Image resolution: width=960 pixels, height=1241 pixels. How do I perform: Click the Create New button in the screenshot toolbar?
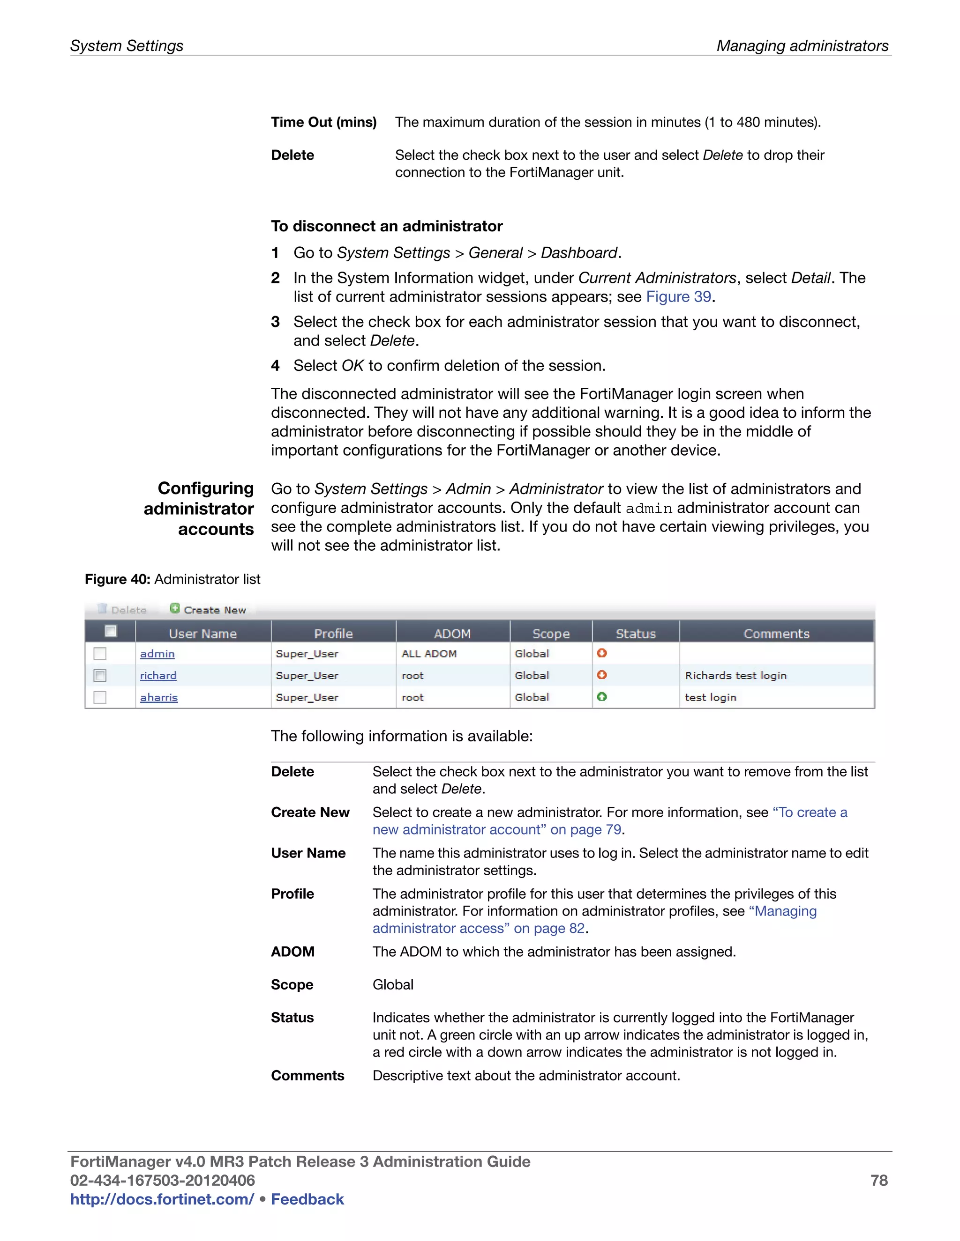pyautogui.click(x=208, y=609)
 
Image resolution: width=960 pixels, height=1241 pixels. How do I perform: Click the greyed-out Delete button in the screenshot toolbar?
pyautogui.click(x=123, y=609)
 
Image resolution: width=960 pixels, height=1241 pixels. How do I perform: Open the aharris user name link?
pyautogui.click(x=159, y=697)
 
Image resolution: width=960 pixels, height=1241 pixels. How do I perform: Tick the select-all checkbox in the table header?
pyautogui.click(x=111, y=631)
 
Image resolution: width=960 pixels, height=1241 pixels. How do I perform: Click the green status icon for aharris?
pyautogui.click(x=602, y=697)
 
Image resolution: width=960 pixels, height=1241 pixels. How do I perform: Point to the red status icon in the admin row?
pyautogui.click(x=602, y=653)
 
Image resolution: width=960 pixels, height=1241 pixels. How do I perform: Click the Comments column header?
pyautogui.click(x=776, y=633)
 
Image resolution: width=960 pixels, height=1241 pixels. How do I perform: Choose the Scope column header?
pyautogui.click(x=550, y=633)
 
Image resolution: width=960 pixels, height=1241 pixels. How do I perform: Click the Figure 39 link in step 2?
pyautogui.click(x=678, y=296)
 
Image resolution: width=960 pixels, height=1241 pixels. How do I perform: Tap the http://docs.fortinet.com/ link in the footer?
pyautogui.click(x=162, y=1199)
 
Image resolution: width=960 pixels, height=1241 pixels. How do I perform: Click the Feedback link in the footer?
pyautogui.click(x=307, y=1199)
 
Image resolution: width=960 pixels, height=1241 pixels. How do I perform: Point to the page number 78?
pyautogui.click(x=879, y=1180)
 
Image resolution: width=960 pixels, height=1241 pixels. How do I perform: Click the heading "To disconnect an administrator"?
pyautogui.click(x=387, y=226)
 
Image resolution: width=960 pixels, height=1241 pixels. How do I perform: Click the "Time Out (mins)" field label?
pyautogui.click(x=323, y=122)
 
